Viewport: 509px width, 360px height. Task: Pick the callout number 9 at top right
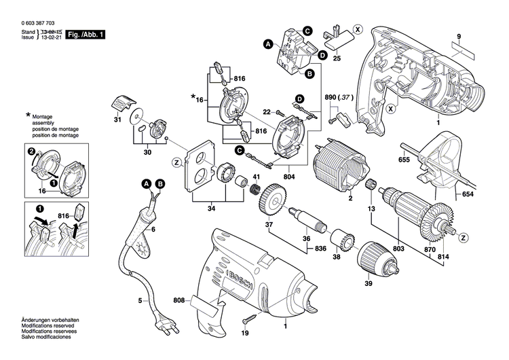click(x=459, y=36)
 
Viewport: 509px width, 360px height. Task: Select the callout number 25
click(x=337, y=59)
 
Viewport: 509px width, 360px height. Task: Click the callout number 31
click(x=117, y=120)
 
